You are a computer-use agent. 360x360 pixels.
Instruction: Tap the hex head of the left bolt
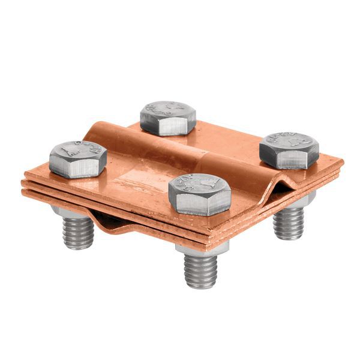coord(78,158)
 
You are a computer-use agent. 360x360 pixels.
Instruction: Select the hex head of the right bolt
coord(289,150)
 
